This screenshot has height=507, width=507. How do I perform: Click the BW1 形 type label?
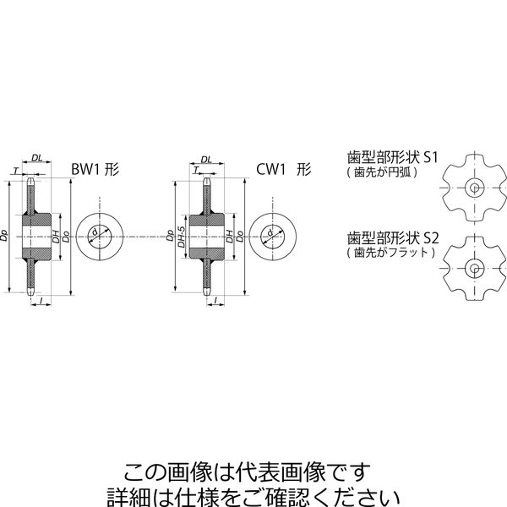[95, 170]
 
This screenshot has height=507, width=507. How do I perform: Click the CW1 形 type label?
[284, 170]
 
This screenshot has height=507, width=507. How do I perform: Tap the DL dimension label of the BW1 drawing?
[37, 158]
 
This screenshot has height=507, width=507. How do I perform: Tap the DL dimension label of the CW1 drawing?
[206, 160]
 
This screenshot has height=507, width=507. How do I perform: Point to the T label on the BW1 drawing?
[15, 171]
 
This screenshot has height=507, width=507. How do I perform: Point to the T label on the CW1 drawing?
[196, 171]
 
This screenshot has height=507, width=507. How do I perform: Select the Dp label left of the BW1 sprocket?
[4, 236]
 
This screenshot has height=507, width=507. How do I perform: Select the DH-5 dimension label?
[182, 237]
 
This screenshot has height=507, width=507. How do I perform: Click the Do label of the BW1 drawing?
[66, 237]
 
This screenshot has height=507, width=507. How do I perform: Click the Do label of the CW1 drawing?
[240, 237]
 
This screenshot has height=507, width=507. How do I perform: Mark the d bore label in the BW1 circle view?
[95, 232]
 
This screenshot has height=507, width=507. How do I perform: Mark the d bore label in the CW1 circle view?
[270, 232]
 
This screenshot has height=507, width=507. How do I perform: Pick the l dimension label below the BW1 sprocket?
[41, 300]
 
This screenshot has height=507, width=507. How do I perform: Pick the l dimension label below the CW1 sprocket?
[216, 300]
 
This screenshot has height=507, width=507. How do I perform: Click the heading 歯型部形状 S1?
[392, 157]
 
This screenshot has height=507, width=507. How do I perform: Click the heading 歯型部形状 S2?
[393, 238]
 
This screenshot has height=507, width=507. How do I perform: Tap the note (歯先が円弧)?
[382, 172]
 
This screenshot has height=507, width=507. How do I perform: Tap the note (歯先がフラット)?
[391, 252]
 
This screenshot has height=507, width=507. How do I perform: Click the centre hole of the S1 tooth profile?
[475, 188]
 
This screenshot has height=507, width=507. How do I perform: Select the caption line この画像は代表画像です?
[248, 472]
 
